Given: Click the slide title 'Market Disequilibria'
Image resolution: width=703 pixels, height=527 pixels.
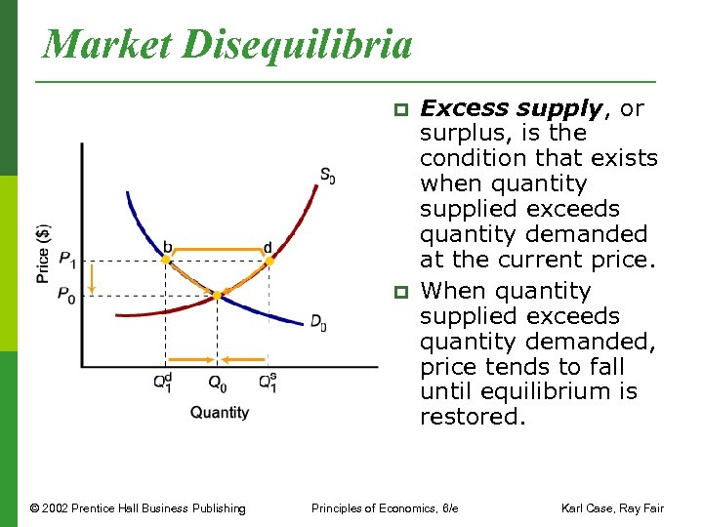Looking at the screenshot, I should pos(228,43).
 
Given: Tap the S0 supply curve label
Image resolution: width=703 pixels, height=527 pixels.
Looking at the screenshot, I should pos(327,176).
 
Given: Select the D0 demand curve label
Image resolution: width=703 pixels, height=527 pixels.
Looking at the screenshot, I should pos(318,321).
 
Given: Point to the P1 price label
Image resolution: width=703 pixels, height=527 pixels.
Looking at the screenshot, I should pos(66,260).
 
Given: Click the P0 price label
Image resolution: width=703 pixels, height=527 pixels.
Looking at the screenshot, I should pos(66,294).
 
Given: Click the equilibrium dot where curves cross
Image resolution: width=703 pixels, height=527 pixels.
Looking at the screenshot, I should pos(218,294).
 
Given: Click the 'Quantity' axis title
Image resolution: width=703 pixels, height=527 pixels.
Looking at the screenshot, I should pos(220,413).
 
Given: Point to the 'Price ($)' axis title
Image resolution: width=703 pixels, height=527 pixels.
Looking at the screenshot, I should pos(43,254).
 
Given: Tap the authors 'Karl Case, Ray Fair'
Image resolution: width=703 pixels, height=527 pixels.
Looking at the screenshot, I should pos(612,507).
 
